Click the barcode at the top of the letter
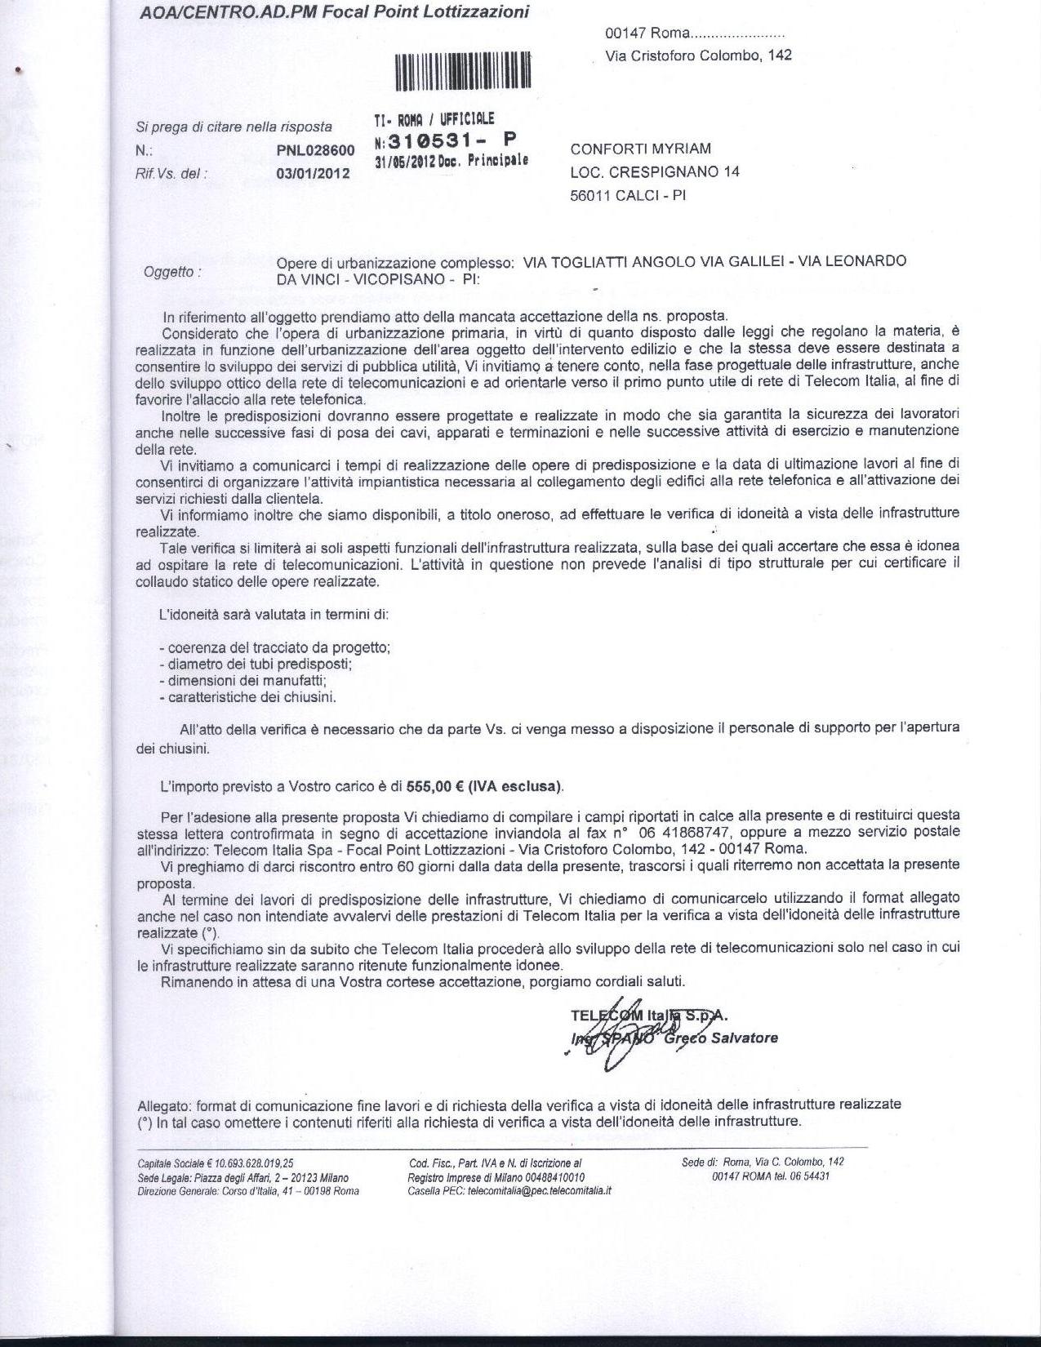[463, 70]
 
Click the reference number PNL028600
[316, 150]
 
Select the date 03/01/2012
[314, 173]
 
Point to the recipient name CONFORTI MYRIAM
[641, 149]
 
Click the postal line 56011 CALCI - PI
[628, 196]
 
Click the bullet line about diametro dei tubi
[256, 664]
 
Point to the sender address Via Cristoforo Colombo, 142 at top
[698, 56]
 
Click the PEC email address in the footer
[539, 1190]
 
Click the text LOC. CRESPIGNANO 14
[655, 172]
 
